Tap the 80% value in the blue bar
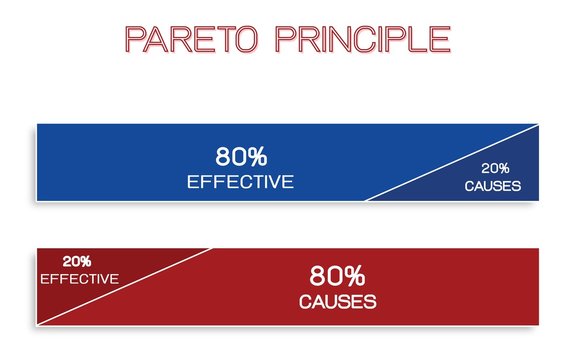click(241, 157)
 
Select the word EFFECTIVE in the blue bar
click(241, 182)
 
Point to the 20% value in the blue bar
click(495, 168)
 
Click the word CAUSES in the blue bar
click(493, 186)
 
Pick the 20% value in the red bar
click(78, 261)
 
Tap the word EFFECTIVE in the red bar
click(79, 278)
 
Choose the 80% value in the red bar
click(338, 275)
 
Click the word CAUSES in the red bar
click(338, 301)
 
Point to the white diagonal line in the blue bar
click(450, 164)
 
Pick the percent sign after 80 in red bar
click(355, 275)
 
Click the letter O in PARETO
click(251, 39)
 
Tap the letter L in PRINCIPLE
click(418, 39)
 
